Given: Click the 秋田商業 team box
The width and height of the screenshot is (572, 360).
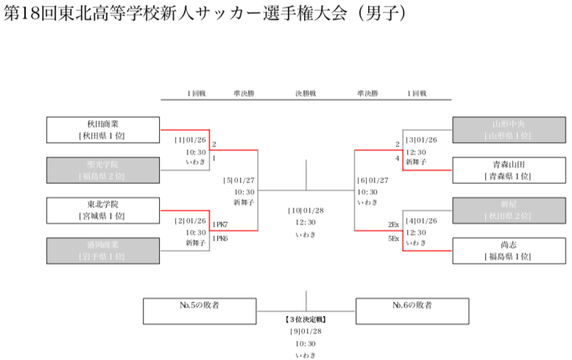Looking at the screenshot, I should [x=102, y=130].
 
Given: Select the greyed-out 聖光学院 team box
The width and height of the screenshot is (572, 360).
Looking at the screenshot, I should [x=102, y=171].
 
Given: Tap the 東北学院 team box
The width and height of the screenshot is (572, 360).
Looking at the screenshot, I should [x=102, y=211].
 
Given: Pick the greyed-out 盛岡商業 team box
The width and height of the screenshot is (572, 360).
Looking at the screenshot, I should [x=102, y=250].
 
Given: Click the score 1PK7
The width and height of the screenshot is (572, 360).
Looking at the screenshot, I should [x=220, y=224].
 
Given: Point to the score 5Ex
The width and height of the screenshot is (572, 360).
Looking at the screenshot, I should [x=393, y=239].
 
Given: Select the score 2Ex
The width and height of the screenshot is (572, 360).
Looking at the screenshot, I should [x=393, y=224].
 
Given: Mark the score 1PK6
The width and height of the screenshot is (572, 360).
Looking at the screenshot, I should [x=220, y=239].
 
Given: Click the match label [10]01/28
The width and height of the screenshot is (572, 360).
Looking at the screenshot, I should [x=306, y=211].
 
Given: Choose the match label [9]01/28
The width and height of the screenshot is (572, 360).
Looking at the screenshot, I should [x=306, y=332].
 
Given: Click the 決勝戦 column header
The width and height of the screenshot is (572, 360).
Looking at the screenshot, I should [x=306, y=94].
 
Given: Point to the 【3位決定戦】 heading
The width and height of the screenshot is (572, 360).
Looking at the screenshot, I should [x=306, y=320].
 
